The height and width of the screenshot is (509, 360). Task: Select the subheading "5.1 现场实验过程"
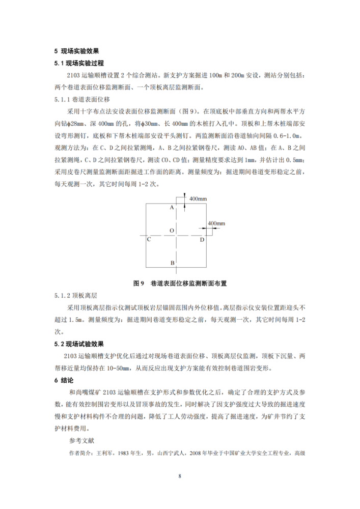pyautogui.click(x=79, y=63)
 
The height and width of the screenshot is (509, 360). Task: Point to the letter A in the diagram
pyautogui.click(x=172, y=208)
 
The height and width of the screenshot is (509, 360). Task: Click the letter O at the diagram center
pyautogui.click(x=172, y=231)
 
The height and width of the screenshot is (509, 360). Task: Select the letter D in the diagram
pyautogui.click(x=202, y=239)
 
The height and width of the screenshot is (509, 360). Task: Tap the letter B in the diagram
pyautogui.click(x=172, y=263)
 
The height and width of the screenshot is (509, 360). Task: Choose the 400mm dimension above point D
pyautogui.click(x=216, y=223)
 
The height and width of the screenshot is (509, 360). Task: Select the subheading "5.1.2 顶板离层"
pyautogui.click(x=76, y=295)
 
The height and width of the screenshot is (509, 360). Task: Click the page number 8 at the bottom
pyautogui.click(x=180, y=476)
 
